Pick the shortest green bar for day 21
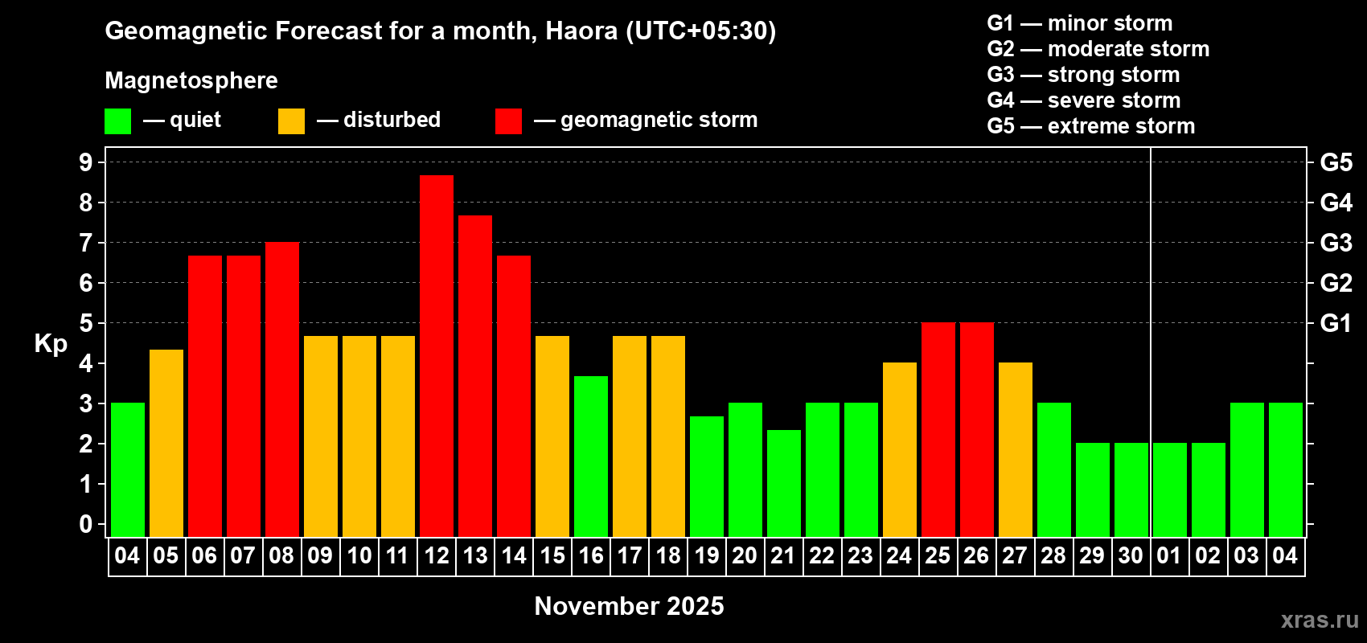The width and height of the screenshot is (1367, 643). point(784,483)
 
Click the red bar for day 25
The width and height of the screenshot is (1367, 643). point(938,429)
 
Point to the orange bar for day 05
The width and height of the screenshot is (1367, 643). point(166,443)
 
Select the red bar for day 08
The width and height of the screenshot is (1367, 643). point(282,389)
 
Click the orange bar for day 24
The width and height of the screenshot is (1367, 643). point(900,449)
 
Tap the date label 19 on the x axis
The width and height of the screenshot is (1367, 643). point(707,555)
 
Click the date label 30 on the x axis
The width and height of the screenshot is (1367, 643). point(1131,555)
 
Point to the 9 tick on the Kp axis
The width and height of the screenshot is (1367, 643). point(86,162)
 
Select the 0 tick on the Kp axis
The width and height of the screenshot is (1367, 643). point(86,524)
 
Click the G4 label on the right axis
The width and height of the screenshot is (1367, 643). point(1336,203)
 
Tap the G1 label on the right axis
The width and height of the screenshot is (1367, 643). point(1336,323)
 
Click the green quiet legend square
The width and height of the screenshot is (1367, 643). point(118,121)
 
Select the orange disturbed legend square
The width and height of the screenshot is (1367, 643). point(292,121)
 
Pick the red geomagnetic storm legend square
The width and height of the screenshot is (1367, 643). point(509,121)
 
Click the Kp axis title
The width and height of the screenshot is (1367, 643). point(51,343)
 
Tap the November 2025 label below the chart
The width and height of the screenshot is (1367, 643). point(629,606)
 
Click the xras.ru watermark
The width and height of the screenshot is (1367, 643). point(1320,619)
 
